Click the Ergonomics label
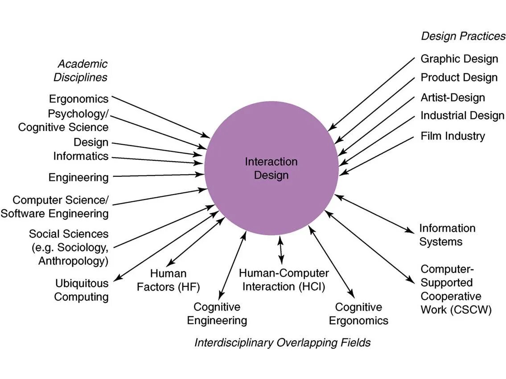click(79, 99)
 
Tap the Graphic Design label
click(459, 59)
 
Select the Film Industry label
click(453, 136)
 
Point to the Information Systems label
click(447, 235)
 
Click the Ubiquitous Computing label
click(82, 290)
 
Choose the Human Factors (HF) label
click(168, 280)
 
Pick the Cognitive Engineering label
click(217, 314)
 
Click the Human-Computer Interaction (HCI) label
click(284, 280)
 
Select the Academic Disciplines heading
click(81, 70)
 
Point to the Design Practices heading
click(463, 36)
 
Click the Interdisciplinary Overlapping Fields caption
click(282, 342)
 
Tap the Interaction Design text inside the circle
click(271, 168)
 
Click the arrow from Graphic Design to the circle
click(372, 94)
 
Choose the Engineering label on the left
click(78, 178)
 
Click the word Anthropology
click(73, 261)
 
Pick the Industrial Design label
click(462, 116)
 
